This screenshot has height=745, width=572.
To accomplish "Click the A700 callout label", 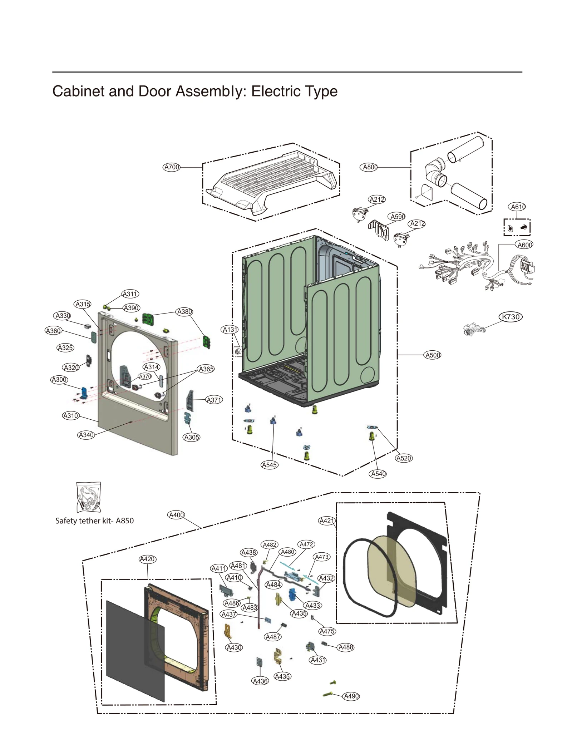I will pos(171,167).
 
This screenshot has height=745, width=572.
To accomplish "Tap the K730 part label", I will pos(511,317).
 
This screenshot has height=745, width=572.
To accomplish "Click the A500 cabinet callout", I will pos(433,355).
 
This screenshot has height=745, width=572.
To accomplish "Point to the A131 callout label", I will pos(230,330).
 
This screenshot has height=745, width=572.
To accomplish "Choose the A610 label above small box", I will pos(518,207).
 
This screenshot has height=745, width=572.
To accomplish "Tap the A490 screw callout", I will pos(351,696).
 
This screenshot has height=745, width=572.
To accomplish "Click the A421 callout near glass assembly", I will pos(327,521).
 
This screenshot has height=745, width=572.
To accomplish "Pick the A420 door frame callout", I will pos(147,559).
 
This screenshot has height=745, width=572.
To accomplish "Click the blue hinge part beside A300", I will pos(84,392).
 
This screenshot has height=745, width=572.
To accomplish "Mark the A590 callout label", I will pos(397,217).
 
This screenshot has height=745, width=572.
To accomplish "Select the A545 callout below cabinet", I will pos(270,465).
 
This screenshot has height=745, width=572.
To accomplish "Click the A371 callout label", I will pos(214,400).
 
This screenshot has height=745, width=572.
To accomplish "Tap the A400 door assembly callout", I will pos(176,515).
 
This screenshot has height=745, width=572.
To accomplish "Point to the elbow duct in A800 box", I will pos(435,172).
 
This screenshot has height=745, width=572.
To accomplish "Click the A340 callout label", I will pos(86,435).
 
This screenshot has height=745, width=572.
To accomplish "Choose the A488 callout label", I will pos(346,647).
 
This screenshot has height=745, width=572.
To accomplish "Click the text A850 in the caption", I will pos(125,520).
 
